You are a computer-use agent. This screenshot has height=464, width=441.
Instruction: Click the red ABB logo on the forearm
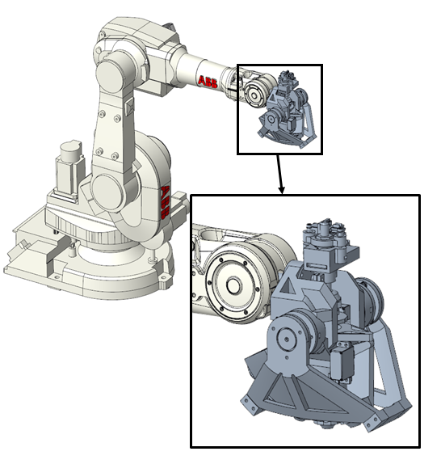point(208,82)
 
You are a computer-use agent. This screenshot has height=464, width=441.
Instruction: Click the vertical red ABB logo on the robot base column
point(165,202)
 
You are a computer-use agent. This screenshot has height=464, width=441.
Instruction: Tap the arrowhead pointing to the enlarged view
point(282,189)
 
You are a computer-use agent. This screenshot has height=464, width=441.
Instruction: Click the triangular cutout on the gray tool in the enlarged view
point(288,287)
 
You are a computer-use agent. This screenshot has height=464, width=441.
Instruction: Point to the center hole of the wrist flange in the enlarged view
point(233,286)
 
